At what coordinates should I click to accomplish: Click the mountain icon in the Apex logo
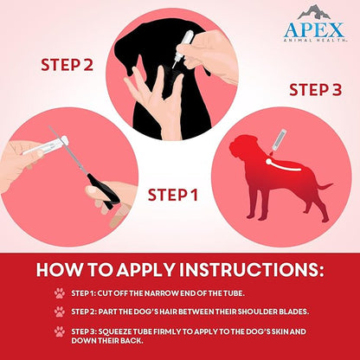(x=313, y=12)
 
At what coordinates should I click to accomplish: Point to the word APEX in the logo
(x=313, y=29)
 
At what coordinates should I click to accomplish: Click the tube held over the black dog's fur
(x=186, y=43)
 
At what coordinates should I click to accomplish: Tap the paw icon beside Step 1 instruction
(x=60, y=293)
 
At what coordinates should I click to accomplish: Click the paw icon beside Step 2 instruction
(x=60, y=312)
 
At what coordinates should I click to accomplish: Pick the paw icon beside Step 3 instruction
(x=60, y=331)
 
